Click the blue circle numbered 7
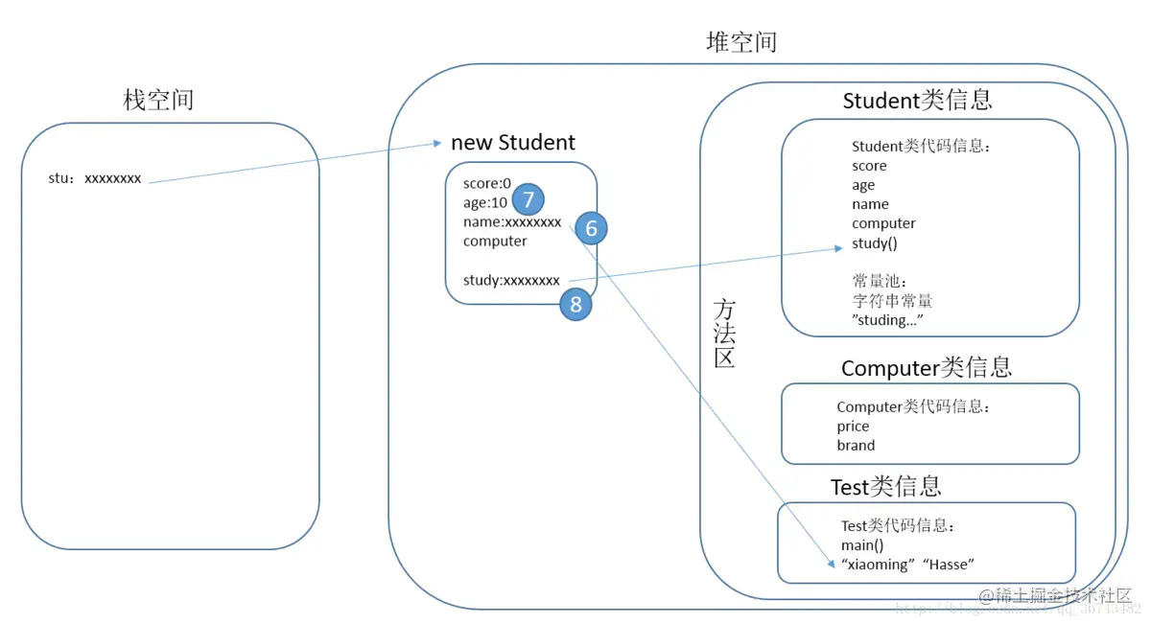click(528, 199)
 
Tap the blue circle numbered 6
click(591, 228)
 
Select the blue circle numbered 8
click(575, 304)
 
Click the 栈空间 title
click(158, 100)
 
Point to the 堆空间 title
click(740, 42)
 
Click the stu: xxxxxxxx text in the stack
click(95, 178)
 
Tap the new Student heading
click(513, 143)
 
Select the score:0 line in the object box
click(487, 183)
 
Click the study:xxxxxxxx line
click(511, 280)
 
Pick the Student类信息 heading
click(917, 101)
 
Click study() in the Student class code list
click(875, 243)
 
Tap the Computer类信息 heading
click(927, 368)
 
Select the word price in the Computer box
click(853, 426)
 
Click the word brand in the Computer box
click(856, 445)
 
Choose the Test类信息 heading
click(885, 487)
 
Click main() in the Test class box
click(862, 545)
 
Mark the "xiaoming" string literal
click(877, 565)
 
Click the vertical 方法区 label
click(724, 333)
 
